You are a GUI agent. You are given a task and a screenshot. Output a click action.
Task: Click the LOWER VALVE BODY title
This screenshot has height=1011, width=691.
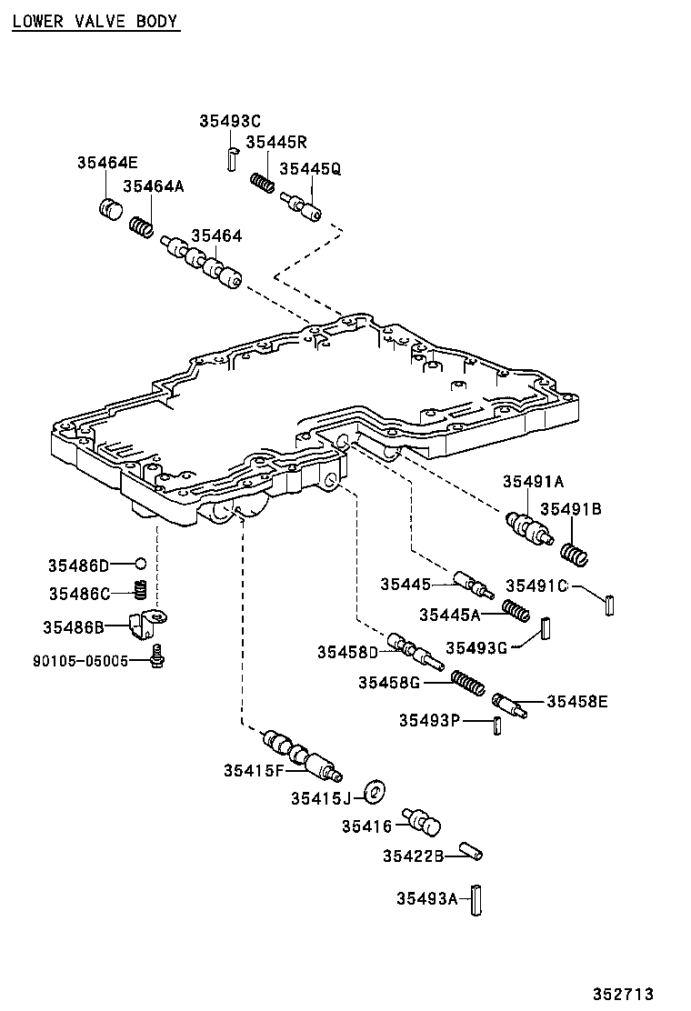[x=95, y=21]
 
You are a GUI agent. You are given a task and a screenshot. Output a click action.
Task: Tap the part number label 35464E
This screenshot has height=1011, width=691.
[x=107, y=163]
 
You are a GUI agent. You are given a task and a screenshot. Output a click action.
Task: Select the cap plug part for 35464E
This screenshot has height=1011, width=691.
[x=112, y=208]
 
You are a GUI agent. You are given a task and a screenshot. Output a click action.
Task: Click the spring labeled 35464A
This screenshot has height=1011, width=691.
[x=142, y=227]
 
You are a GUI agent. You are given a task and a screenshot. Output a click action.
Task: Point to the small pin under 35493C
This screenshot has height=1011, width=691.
[x=233, y=158]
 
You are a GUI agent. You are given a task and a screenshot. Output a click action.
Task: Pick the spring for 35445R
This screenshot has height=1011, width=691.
[x=263, y=183]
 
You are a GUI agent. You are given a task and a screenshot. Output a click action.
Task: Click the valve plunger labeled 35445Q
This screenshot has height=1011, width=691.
[x=301, y=205]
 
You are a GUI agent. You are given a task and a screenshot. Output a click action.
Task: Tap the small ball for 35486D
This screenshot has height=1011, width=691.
[x=141, y=565]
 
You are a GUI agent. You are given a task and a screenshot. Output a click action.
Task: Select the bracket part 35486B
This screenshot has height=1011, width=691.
[x=148, y=622]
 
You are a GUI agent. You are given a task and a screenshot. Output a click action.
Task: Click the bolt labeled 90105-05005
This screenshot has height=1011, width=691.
[x=155, y=656]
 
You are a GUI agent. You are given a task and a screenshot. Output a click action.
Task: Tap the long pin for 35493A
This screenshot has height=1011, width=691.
[x=476, y=901]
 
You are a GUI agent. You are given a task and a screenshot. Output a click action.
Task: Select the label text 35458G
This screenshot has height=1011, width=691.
[x=389, y=682]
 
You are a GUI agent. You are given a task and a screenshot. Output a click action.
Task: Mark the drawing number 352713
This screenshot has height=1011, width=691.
[x=624, y=994]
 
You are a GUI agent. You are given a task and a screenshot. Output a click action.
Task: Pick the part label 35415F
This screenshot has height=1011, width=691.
[x=254, y=770]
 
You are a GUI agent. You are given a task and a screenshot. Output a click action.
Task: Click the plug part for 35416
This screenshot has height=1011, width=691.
[x=422, y=822]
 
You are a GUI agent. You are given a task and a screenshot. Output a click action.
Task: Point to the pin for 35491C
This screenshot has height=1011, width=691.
[x=609, y=605]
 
